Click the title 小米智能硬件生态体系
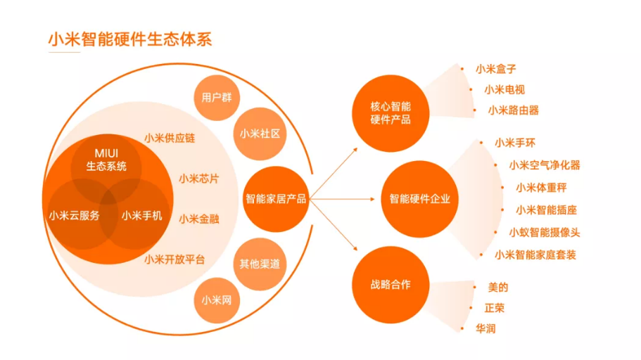click(130, 39)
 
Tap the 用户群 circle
click(217, 98)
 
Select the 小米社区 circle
click(260, 134)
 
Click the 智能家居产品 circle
click(276, 199)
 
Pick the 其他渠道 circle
click(260, 264)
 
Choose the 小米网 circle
click(217, 300)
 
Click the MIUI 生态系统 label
click(106, 160)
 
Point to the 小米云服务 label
click(75, 215)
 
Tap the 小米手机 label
click(142, 215)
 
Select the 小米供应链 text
click(170, 138)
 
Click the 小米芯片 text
click(199, 179)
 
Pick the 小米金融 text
click(199, 219)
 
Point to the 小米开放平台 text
click(174, 259)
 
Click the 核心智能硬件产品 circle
click(391, 113)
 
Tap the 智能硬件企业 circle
click(420, 199)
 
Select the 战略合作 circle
click(391, 285)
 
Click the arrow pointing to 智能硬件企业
click(342, 199)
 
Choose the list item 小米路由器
click(514, 110)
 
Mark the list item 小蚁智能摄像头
click(545, 233)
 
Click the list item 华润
click(485, 328)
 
